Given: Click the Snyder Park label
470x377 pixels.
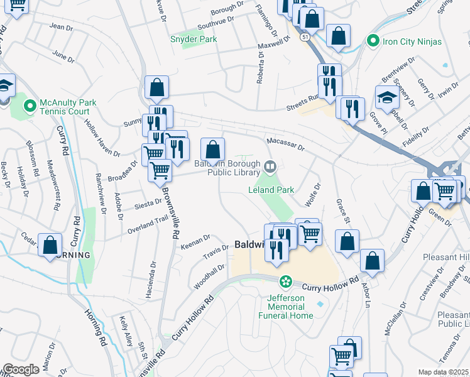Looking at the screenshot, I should pos(193,39).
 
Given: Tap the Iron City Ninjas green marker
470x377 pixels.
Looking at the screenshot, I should pos(373,41).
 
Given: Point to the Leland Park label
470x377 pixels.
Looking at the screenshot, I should pos(271,190).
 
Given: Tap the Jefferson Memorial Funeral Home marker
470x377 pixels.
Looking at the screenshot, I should pos(286,281).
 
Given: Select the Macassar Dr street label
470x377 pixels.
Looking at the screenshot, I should pos(285,144).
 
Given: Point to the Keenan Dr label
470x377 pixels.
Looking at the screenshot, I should pos(195,240).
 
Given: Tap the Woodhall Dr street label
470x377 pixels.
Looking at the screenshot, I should pos(210,276).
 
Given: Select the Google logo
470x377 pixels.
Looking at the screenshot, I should pos(21,369).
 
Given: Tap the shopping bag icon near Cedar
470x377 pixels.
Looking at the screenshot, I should pos(50,246).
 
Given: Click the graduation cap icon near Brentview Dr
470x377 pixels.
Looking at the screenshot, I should pos(387,97).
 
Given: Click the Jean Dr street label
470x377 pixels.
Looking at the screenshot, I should pos(61,27).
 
